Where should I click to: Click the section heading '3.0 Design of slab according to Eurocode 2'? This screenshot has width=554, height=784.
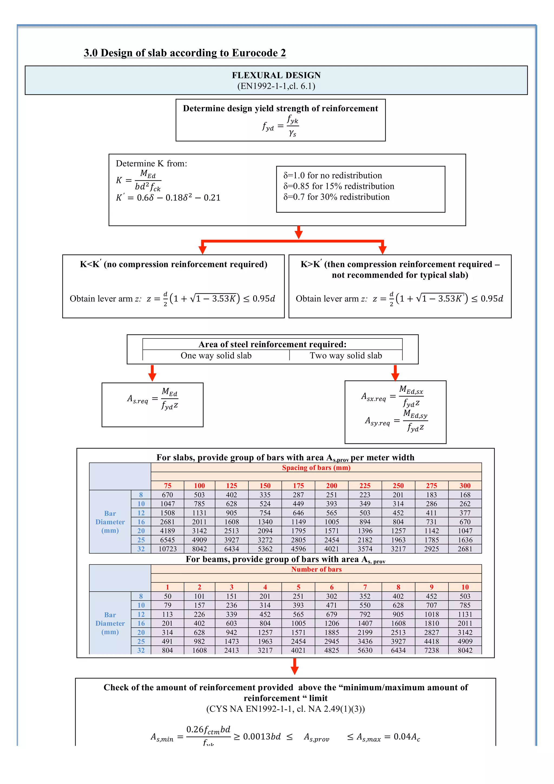185,53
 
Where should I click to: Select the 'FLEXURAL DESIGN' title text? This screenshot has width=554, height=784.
276,75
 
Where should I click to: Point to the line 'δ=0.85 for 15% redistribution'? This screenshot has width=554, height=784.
339,186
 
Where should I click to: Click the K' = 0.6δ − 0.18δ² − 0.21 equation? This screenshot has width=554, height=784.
168,197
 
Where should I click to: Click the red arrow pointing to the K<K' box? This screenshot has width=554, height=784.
203,248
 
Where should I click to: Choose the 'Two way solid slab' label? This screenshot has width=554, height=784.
345,355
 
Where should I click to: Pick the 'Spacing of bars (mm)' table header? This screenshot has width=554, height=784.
316,467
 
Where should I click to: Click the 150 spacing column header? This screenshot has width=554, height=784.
265,486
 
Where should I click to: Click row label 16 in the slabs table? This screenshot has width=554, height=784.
141,522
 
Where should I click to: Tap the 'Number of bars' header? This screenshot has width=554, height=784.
316,569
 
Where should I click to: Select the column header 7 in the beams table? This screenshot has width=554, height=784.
365,587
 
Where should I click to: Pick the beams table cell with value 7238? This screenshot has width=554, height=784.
431,650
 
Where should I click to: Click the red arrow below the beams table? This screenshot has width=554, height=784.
295,666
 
